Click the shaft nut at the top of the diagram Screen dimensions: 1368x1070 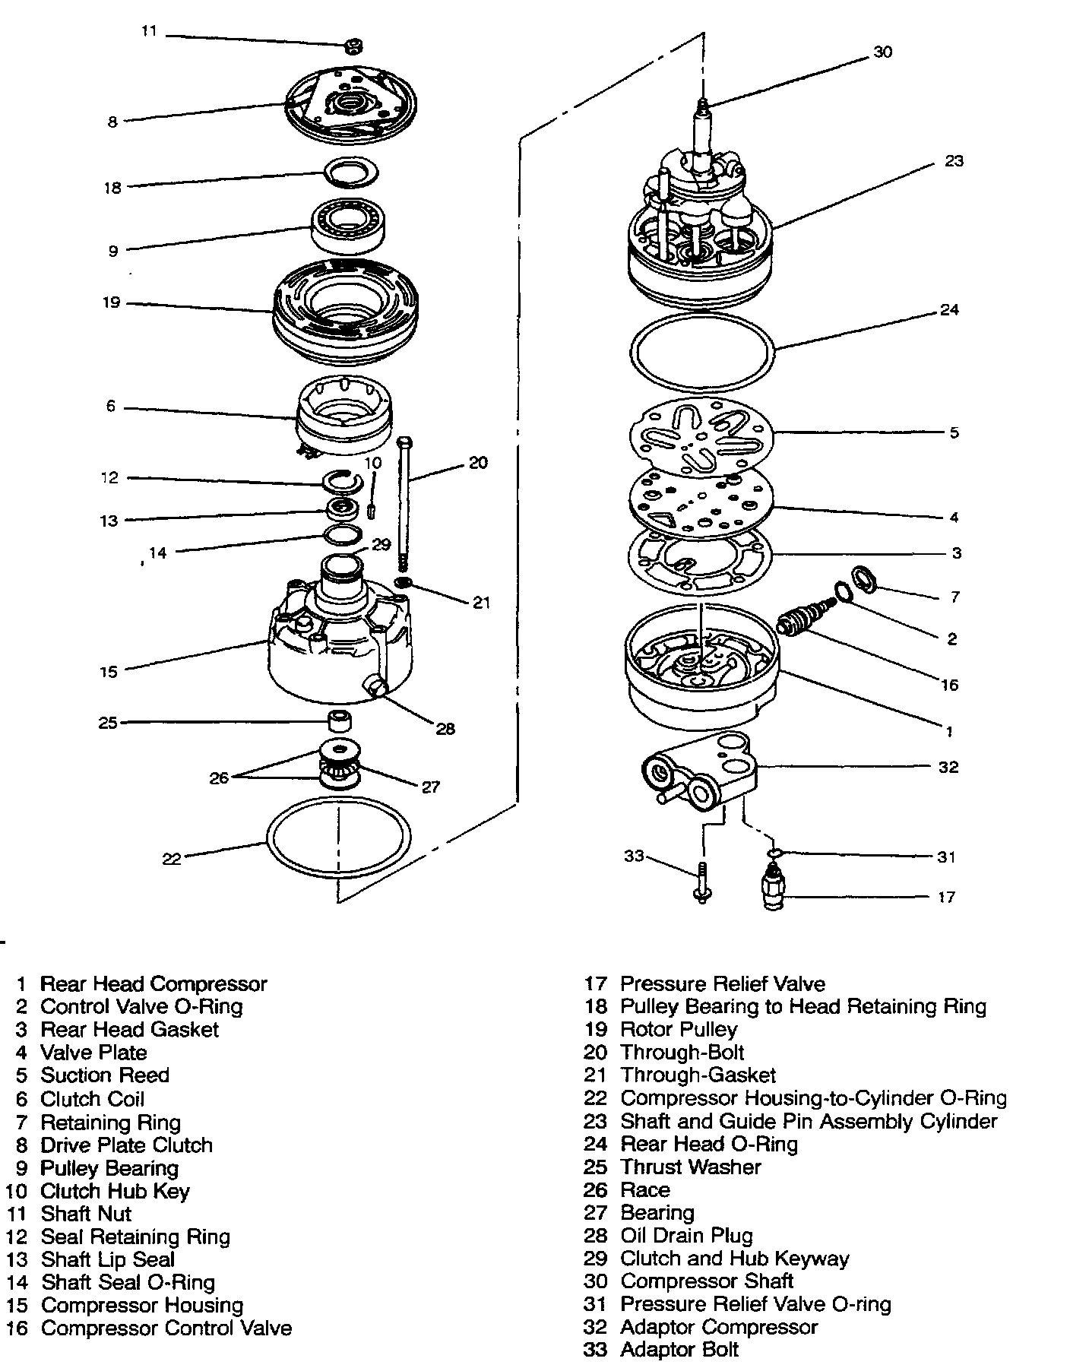tap(352, 47)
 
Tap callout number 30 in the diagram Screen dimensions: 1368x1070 tap(882, 52)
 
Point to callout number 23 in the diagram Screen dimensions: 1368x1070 tap(954, 161)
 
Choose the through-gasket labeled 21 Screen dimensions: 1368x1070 tap(404, 582)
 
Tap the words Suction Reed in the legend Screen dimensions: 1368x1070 tap(105, 1075)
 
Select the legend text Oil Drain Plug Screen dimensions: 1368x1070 tap(686, 1236)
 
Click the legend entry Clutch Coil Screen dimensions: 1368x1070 tap(92, 1099)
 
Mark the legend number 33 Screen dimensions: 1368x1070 tap(597, 1350)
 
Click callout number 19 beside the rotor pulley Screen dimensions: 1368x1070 tap(112, 302)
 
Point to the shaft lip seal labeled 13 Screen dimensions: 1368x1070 tap(343, 509)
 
